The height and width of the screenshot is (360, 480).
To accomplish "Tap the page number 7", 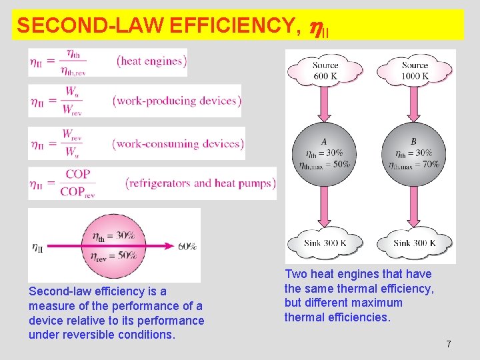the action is pyautogui.click(x=449, y=344).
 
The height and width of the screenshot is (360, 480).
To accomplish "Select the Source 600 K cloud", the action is pyautogui.click(x=325, y=70).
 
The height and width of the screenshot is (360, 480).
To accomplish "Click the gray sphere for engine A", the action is pyautogui.click(x=324, y=157).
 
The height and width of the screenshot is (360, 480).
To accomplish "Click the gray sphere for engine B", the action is pyautogui.click(x=414, y=157).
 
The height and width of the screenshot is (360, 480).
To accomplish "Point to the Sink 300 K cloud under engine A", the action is pyautogui.click(x=325, y=243).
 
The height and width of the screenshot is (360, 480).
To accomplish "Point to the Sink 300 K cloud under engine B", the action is pyautogui.click(x=415, y=243).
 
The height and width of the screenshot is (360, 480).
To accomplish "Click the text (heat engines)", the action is pyautogui.click(x=151, y=61).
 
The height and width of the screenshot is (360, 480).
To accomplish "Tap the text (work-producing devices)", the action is pyautogui.click(x=177, y=101).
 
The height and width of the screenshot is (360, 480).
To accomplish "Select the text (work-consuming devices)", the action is pyautogui.click(x=178, y=143).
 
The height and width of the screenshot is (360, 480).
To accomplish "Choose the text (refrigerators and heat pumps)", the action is pyautogui.click(x=200, y=183).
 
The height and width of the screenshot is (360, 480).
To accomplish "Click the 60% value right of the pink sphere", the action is pyautogui.click(x=187, y=246).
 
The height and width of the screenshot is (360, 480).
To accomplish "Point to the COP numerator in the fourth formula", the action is pyautogui.click(x=78, y=175).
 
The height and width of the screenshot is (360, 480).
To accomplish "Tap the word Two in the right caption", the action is pyautogui.click(x=295, y=274).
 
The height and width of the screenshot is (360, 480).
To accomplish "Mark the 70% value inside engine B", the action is pyautogui.click(x=431, y=164).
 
